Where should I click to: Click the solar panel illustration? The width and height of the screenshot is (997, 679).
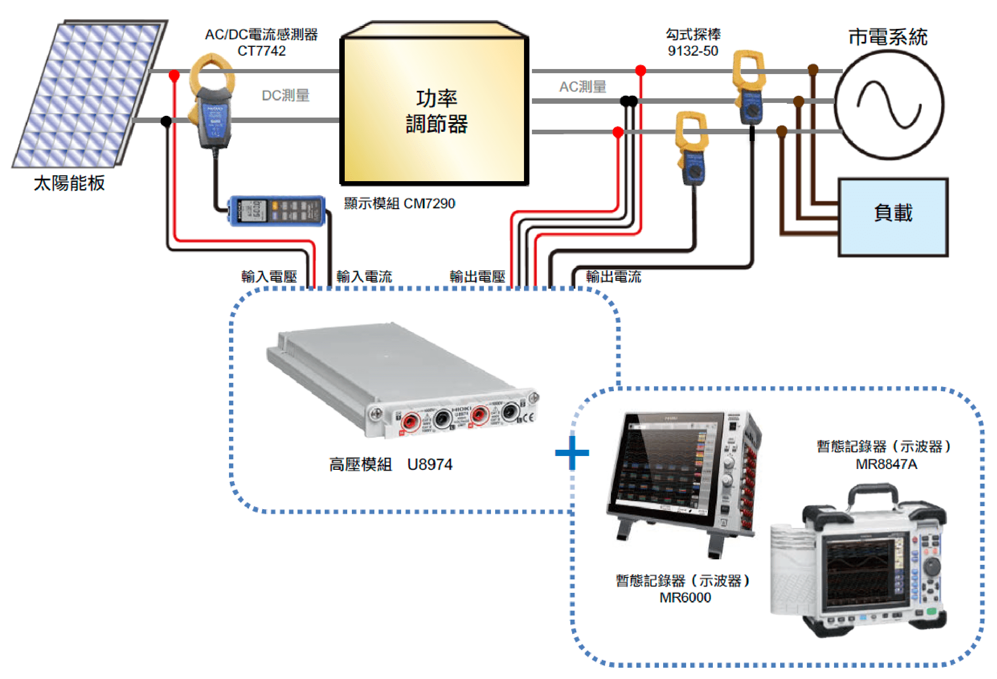pos(88,95)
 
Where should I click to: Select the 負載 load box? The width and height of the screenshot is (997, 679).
pos(893,216)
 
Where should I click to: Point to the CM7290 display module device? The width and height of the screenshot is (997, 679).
pos(277,210)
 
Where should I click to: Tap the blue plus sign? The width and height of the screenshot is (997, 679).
pos(572,453)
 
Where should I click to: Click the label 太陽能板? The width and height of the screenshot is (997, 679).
pos(69,183)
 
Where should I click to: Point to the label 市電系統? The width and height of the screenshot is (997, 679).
pos(888,37)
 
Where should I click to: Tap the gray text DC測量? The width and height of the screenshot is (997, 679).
pos(286,95)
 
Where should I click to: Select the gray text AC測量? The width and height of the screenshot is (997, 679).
pos(582,87)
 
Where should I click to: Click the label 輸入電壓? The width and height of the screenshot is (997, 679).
pos(269,277)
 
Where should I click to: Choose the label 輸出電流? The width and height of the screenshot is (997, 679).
pos(613,277)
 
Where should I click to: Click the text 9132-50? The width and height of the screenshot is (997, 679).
pos(692,51)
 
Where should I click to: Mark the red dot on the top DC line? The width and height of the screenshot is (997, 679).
pos(174,76)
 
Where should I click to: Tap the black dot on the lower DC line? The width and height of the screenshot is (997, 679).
pos(166,121)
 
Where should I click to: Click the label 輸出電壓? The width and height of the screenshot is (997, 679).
pos(477,277)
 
